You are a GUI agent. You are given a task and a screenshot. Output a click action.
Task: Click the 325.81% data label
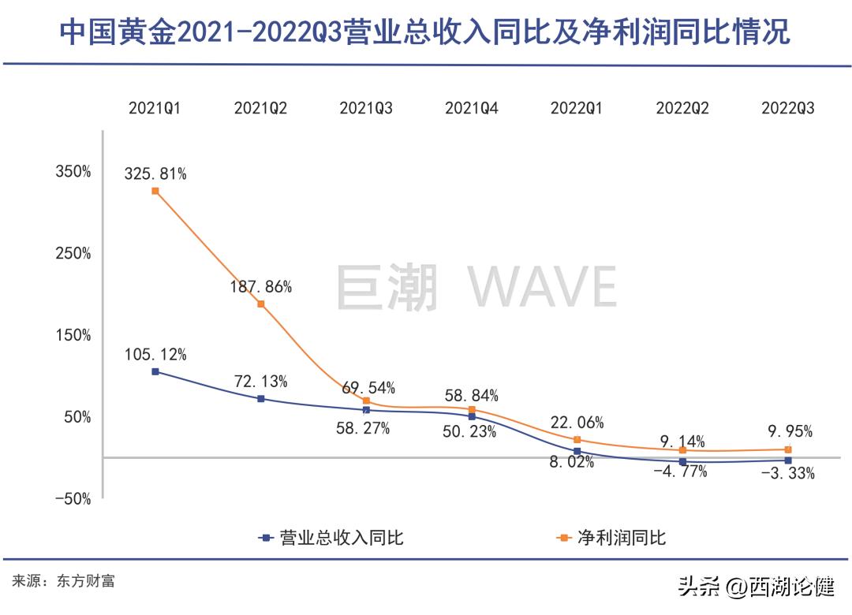[x=155, y=174]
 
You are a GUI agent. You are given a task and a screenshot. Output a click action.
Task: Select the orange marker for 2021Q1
[x=155, y=191]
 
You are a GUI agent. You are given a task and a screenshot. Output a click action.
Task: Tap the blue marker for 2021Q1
[x=155, y=371]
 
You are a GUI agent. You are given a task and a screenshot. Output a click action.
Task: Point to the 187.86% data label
[x=261, y=287]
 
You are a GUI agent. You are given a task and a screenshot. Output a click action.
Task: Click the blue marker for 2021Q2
[x=261, y=399]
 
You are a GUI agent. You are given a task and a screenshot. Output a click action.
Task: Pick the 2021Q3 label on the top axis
[x=366, y=109]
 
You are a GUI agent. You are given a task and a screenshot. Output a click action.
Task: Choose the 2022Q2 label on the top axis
[x=682, y=109]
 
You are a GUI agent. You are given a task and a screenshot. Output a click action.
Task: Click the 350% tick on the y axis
[x=73, y=172]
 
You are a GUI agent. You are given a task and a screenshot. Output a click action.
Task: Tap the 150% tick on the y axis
[x=73, y=335]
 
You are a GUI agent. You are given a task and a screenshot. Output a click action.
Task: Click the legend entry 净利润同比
[x=611, y=539]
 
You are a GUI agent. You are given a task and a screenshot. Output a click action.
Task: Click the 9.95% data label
[x=787, y=432]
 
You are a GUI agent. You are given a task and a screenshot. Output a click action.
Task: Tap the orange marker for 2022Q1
[x=577, y=440]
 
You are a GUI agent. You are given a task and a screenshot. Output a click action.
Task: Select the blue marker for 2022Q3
[x=788, y=460]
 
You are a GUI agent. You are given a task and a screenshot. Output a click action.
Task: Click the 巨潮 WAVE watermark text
[x=476, y=288]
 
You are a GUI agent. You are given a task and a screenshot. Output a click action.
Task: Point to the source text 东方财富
[x=86, y=581]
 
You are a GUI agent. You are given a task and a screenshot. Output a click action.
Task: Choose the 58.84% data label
[x=473, y=396]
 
